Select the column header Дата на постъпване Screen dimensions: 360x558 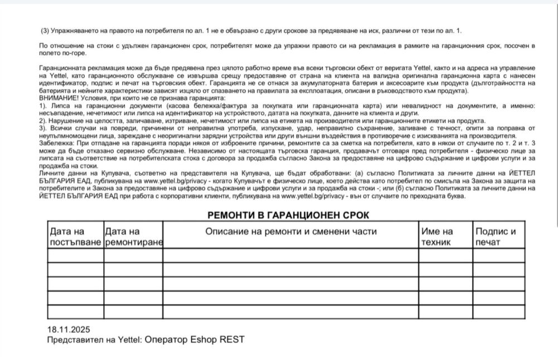click(75, 237)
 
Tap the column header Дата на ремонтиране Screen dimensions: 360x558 click(133, 237)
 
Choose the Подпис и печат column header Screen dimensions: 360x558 click(496, 237)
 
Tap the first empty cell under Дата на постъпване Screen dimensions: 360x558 click(75, 255)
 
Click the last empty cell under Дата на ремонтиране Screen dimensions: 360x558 click(133, 312)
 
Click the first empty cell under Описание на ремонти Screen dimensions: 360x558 click(291, 255)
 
